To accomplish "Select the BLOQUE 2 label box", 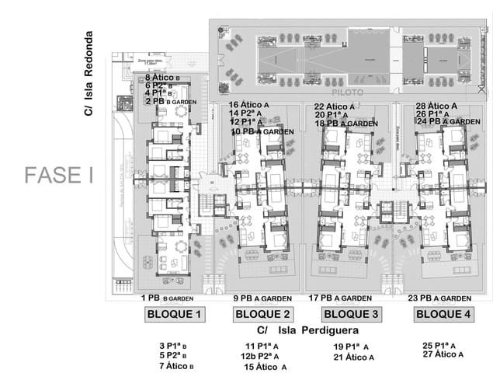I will (x=262, y=315).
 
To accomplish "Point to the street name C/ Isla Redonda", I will (x=89, y=74).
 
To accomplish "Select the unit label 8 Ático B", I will (x=163, y=78).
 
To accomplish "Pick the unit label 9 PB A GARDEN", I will (x=262, y=298).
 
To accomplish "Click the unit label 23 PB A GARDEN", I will (x=439, y=298).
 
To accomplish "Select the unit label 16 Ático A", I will (x=249, y=105).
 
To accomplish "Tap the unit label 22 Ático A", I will (x=335, y=106).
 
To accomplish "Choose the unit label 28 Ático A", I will (x=436, y=105).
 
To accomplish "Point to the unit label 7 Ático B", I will (x=176, y=365).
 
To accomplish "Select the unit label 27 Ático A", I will (x=443, y=354).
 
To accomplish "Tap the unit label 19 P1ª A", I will (x=351, y=347).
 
